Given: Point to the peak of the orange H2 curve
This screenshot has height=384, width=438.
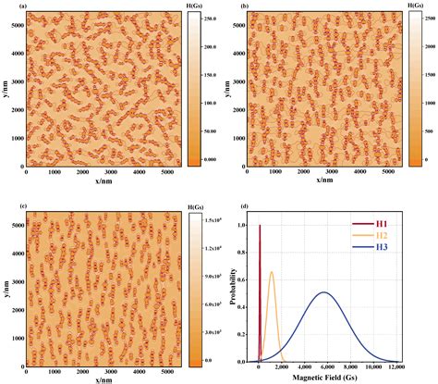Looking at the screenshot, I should pyautogui.click(x=272, y=272).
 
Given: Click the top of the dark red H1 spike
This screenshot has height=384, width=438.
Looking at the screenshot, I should pyautogui.click(x=261, y=226).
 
